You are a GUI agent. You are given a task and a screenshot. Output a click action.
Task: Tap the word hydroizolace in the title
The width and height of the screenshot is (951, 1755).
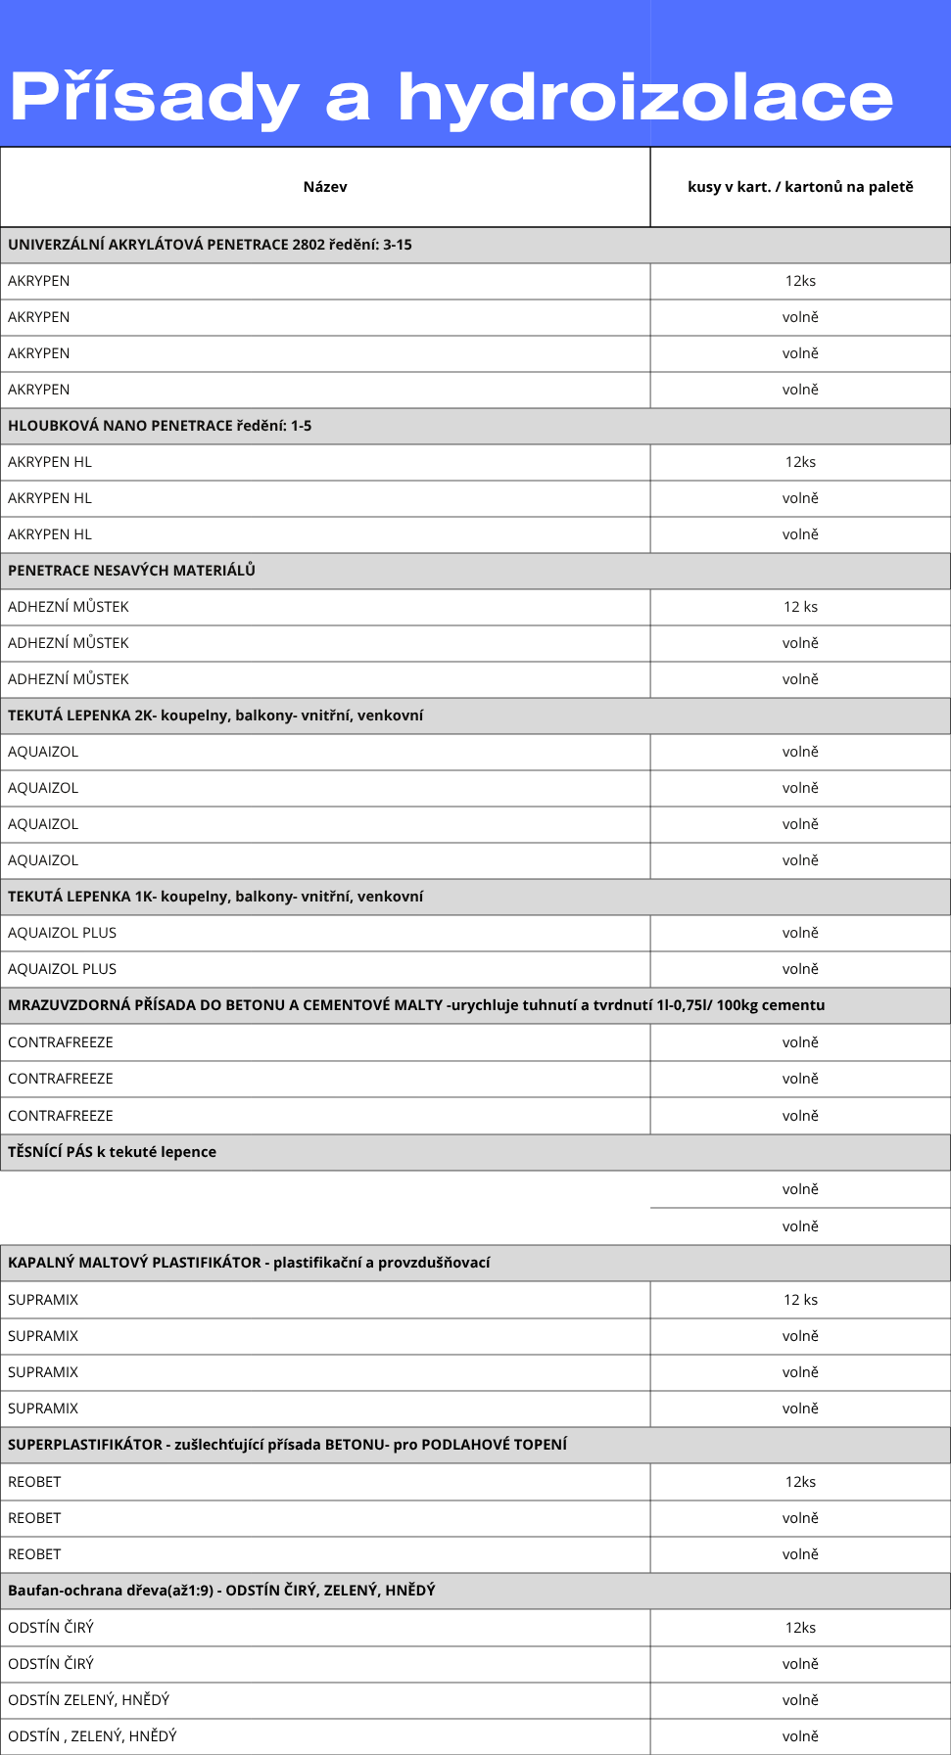[x=645, y=98]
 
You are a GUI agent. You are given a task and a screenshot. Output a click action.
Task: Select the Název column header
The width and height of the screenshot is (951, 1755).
[x=325, y=187]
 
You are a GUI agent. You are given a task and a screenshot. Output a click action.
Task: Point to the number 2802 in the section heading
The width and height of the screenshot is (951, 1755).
[x=308, y=245]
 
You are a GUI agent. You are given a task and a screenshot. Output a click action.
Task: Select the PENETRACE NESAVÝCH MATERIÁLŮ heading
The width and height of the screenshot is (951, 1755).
[x=131, y=571]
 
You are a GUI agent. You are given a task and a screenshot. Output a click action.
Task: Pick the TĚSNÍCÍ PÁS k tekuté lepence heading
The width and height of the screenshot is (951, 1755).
[x=112, y=1152]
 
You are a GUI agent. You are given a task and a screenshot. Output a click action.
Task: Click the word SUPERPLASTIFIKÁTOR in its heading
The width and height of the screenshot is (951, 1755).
[x=85, y=1445]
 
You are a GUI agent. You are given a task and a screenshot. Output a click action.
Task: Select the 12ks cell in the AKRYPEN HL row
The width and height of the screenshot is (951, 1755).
[x=800, y=462]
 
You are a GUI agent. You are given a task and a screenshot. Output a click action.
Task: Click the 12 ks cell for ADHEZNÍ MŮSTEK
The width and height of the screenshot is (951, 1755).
[x=800, y=607]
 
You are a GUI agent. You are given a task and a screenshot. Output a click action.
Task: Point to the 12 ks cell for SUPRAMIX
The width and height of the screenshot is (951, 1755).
[x=800, y=1300]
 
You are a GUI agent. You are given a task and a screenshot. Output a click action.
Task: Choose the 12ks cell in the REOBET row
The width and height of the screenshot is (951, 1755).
[x=800, y=1482]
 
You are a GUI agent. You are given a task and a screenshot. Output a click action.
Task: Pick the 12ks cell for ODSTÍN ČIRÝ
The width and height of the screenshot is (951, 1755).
[x=800, y=1628]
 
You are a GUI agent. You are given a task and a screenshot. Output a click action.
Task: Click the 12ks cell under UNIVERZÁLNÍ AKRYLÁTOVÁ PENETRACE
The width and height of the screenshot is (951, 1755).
[x=800, y=281]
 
